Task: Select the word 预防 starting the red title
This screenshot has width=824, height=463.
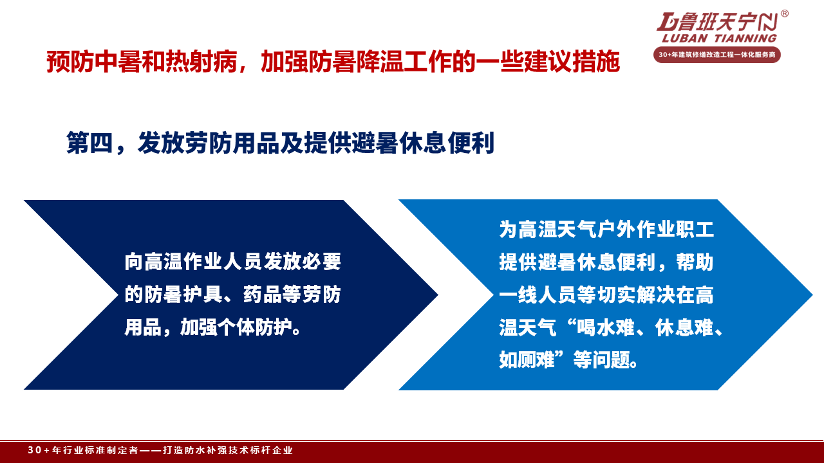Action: click(70, 62)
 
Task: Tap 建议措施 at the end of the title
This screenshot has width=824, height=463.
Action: click(572, 62)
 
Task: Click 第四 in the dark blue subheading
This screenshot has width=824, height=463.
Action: click(89, 143)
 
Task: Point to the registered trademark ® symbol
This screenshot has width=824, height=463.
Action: click(784, 14)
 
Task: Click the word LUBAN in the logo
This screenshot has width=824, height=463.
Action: click(685, 38)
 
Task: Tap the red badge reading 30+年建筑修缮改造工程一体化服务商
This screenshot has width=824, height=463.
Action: click(717, 55)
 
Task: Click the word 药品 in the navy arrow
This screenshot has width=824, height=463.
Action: click(262, 295)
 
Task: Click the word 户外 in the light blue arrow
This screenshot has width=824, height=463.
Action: click(616, 230)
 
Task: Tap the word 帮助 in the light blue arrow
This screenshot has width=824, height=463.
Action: click(695, 262)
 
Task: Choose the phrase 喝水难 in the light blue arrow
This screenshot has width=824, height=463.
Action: click(606, 327)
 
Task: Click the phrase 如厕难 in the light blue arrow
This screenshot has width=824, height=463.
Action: click(527, 359)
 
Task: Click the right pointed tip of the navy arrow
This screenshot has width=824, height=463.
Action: click(438, 295)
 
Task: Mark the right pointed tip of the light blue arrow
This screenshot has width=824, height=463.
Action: click(812, 295)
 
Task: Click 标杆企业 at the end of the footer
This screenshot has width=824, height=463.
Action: click(272, 450)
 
